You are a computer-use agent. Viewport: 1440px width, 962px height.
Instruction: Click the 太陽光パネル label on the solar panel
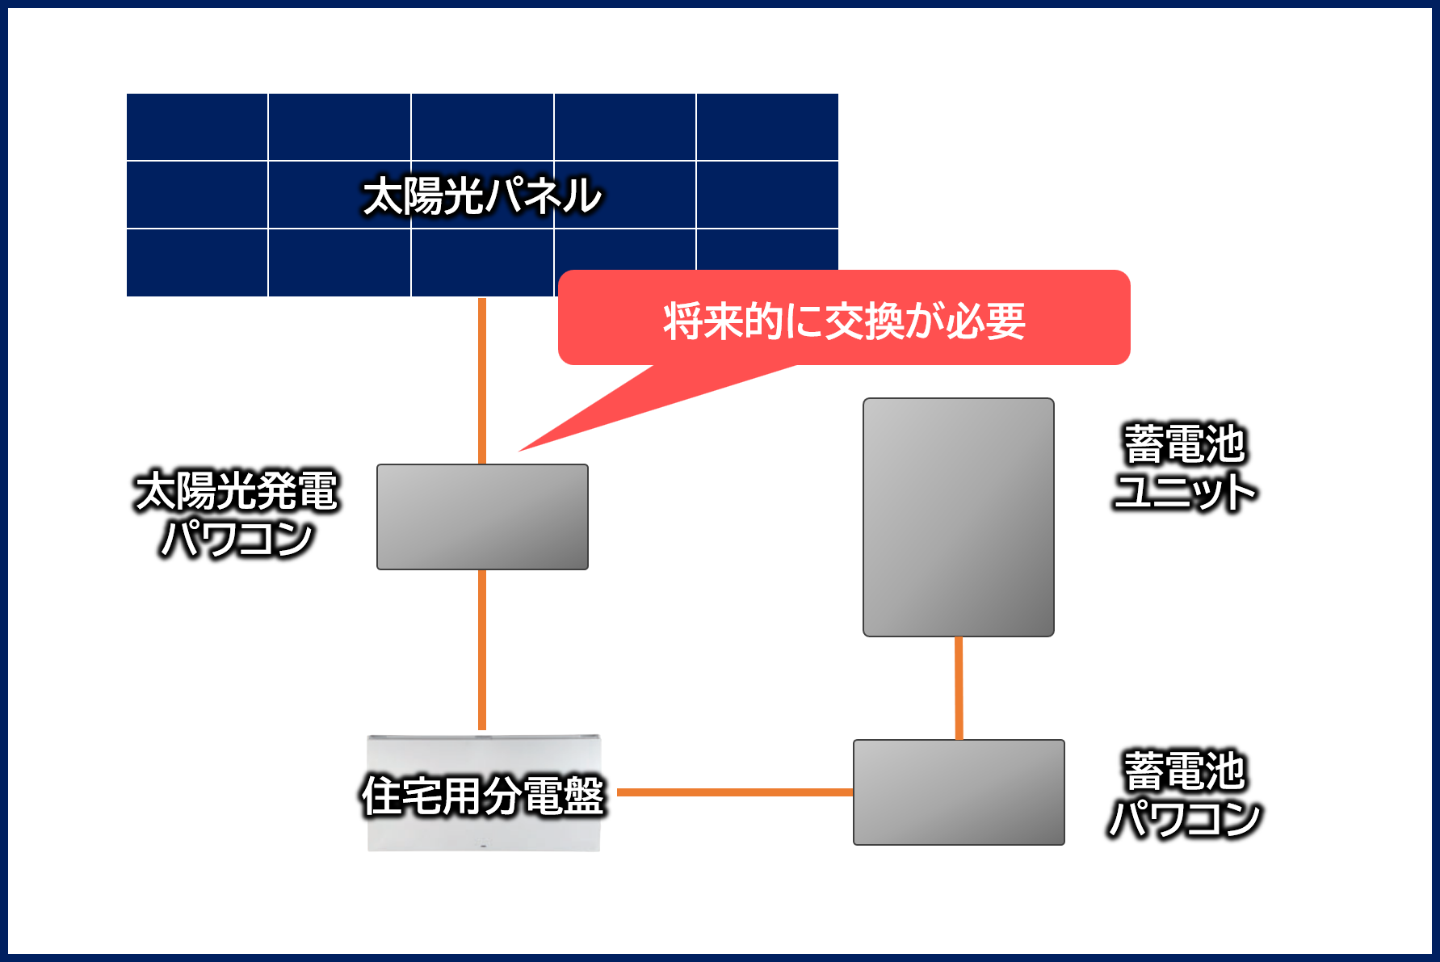482,196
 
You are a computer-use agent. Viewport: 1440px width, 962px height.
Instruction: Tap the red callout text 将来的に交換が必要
844,321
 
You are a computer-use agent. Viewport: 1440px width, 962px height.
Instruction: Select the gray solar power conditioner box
482,517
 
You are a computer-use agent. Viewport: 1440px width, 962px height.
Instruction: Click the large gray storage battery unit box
958,517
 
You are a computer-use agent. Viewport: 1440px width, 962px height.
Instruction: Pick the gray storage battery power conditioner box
959,792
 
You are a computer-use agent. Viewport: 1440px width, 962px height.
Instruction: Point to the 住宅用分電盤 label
483,796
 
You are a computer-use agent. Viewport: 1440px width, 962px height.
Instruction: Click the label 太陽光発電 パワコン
236,514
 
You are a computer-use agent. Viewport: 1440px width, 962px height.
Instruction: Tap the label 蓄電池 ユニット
1185,468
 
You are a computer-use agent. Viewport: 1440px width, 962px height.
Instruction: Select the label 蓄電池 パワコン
1185,795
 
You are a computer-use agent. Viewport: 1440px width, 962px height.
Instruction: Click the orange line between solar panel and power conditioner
482,380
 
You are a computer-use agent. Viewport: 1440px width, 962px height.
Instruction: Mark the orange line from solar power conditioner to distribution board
482,649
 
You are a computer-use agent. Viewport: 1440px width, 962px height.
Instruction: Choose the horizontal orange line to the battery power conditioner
735,792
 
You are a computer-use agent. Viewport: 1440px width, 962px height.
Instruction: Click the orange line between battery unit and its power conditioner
959,687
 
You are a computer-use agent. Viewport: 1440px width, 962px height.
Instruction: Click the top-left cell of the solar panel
197,127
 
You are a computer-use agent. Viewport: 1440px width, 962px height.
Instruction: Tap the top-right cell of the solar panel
767,127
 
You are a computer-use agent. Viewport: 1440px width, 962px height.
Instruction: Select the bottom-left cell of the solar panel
197,263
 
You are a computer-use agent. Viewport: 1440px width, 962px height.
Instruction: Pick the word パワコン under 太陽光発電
236,539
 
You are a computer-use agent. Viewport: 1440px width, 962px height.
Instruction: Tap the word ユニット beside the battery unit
1185,492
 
